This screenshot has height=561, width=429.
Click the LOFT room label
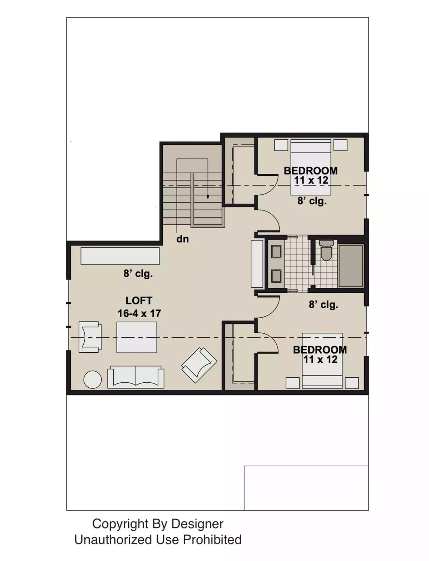click(139, 301)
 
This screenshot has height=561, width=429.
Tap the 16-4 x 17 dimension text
click(139, 313)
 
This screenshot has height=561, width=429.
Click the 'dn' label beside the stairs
click(182, 239)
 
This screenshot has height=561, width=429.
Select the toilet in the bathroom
click(326, 251)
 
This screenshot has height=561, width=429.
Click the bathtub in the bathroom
click(351, 266)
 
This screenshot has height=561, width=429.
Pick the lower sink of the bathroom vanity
click(276, 276)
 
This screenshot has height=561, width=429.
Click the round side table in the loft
click(92, 379)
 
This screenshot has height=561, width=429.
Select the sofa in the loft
click(136, 377)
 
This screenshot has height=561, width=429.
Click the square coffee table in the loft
click(137, 337)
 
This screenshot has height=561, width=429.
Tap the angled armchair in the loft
click(199, 364)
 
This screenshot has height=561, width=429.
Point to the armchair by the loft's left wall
click(90, 337)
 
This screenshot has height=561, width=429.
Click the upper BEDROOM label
click(310, 171)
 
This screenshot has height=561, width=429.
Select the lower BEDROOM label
click(320, 349)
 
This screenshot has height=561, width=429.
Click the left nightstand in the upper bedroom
click(281, 145)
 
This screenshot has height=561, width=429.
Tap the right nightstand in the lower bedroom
click(352, 383)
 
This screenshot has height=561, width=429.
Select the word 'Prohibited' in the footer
click(212, 540)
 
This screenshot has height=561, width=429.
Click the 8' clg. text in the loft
click(138, 274)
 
